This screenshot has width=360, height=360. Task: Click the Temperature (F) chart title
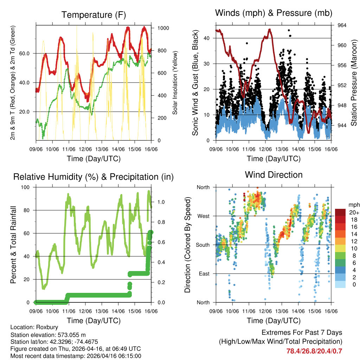(x=94, y=15)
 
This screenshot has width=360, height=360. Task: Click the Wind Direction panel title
(x=274, y=174)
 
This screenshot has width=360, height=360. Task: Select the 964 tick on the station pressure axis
(x=342, y=25)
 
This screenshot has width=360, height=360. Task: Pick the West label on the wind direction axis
(x=203, y=216)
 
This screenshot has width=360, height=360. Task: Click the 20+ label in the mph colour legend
(x=353, y=212)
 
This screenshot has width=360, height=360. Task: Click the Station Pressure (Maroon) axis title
(x=354, y=83)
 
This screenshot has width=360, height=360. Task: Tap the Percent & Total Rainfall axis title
(x=13, y=245)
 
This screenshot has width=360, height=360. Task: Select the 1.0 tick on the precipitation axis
(x=161, y=202)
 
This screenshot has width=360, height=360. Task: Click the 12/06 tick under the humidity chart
(x=85, y=311)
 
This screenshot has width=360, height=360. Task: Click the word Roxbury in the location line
(x=46, y=327)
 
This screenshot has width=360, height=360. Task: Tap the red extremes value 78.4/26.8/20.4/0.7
(x=314, y=351)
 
